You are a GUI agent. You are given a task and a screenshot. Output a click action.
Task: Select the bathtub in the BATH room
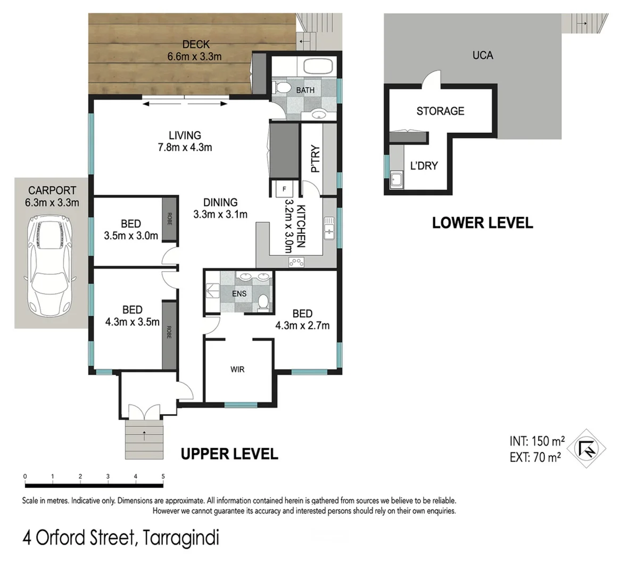pyautogui.click(x=318, y=67)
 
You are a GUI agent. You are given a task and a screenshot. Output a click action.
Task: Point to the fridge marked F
pyautogui.click(x=284, y=188)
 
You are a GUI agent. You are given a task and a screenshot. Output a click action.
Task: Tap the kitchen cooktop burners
pyautogui.click(x=296, y=261)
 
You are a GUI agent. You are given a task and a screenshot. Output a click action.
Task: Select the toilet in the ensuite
pyautogui.click(x=262, y=302)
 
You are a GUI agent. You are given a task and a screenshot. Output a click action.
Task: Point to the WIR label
pyautogui.click(x=237, y=369)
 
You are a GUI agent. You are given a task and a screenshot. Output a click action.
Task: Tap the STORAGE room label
pyautogui.click(x=440, y=111)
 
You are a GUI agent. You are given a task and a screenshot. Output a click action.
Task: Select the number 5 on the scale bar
pyautogui.click(x=163, y=477)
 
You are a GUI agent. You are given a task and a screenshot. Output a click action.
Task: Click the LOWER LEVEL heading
pyautogui.click(x=482, y=223)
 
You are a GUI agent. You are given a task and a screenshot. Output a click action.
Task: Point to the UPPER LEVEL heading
pyautogui.click(x=229, y=454)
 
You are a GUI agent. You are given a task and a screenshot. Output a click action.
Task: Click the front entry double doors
pyautogui.click(x=143, y=412)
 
